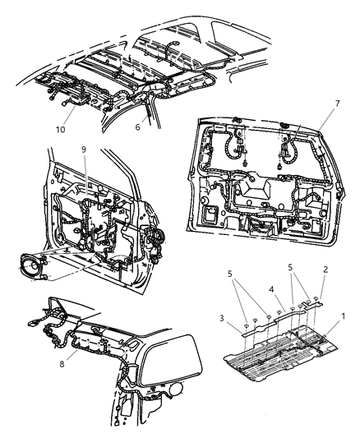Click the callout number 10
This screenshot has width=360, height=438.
point(60,129)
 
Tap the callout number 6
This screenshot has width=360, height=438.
point(138,127)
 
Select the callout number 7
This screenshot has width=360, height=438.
point(337,104)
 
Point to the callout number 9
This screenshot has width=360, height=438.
point(84,150)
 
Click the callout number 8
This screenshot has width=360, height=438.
point(62,364)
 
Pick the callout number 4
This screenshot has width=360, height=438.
point(271,289)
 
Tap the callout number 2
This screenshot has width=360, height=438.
point(325,270)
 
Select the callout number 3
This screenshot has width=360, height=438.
point(221,318)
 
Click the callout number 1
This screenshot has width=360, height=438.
point(344,316)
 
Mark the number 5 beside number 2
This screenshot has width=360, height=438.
point(290,267)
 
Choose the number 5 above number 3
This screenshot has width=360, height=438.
point(230,274)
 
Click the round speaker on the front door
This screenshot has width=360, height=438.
point(32,265)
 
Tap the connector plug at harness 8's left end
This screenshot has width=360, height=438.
point(33,322)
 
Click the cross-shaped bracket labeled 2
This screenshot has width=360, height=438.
point(312,305)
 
